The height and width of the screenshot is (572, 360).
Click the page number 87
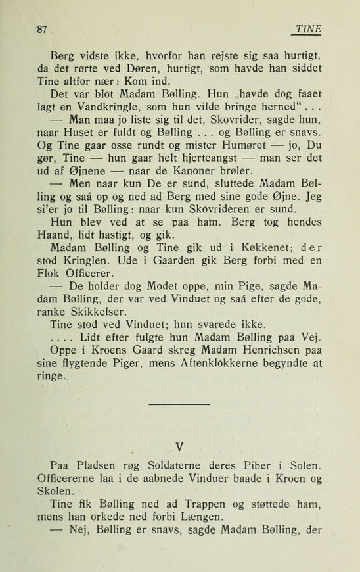point(44,28)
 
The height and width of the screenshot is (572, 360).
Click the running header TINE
point(309,28)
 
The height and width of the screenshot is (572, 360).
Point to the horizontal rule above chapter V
point(179,404)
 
